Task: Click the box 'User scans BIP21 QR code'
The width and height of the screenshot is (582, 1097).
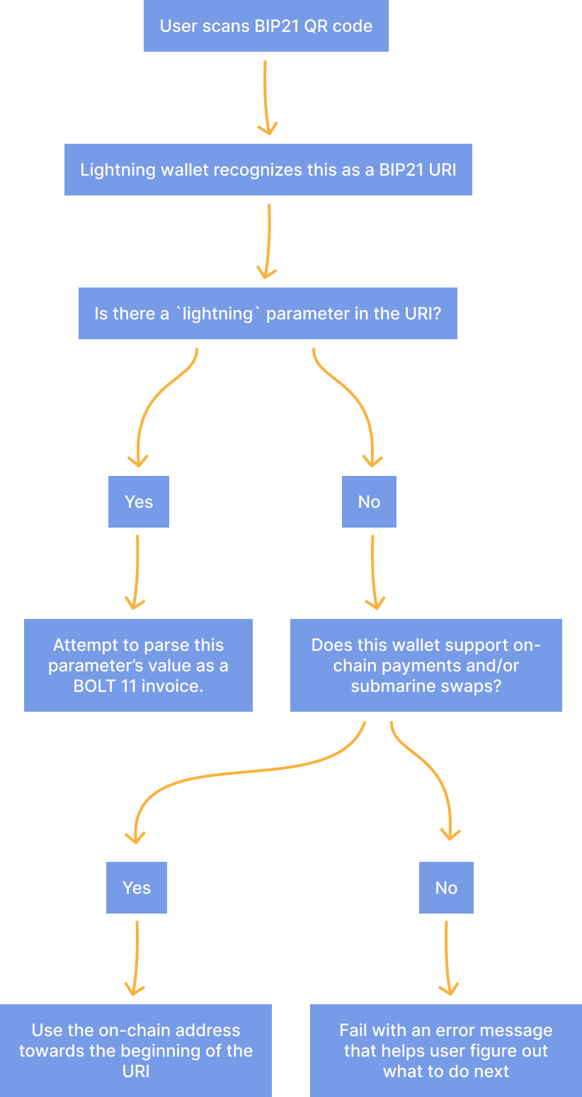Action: point(266,26)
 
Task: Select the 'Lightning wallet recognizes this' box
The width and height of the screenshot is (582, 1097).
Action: point(268,170)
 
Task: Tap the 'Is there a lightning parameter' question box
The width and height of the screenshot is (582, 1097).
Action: point(268,313)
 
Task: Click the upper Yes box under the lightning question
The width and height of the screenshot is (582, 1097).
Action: point(138,501)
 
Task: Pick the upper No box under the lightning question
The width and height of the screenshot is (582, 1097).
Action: point(369,501)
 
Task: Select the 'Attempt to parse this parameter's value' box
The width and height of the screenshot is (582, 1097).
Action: point(138,665)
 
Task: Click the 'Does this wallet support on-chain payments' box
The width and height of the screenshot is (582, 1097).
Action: point(426,665)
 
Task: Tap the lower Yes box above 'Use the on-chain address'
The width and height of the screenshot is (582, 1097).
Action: point(137,887)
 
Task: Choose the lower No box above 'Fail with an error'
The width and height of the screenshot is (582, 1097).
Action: point(446,887)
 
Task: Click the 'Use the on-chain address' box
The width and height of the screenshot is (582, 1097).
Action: point(136,1050)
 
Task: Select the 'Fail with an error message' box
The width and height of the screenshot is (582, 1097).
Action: point(446,1050)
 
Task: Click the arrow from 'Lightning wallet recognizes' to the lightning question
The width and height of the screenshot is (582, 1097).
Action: point(268,241)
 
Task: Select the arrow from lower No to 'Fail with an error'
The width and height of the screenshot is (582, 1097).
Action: point(447,956)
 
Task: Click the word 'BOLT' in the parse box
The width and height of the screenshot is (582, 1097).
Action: point(96,686)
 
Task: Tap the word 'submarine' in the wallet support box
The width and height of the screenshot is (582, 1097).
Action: point(386,686)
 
